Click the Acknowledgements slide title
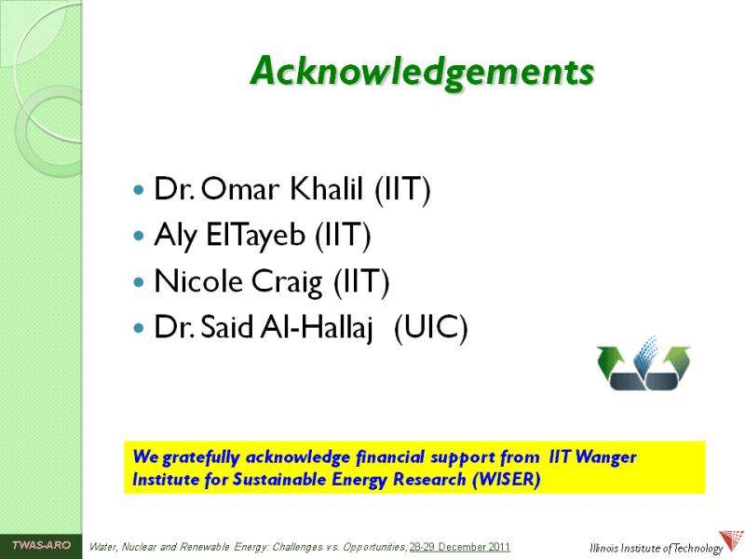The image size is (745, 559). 423,73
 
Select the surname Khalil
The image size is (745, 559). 326,188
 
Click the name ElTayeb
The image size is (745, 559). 255,235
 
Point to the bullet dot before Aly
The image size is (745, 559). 139,236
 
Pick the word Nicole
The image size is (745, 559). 199,280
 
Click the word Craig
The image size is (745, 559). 287,282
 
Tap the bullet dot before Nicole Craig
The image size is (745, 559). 139,282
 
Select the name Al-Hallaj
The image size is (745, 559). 316,328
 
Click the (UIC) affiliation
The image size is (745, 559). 431,327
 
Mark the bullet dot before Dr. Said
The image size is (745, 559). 139,328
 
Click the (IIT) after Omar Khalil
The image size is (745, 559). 402,189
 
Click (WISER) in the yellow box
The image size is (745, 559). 507,479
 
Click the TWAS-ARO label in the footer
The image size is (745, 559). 41,545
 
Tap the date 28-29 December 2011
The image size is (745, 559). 459,547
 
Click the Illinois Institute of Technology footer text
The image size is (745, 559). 656,548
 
